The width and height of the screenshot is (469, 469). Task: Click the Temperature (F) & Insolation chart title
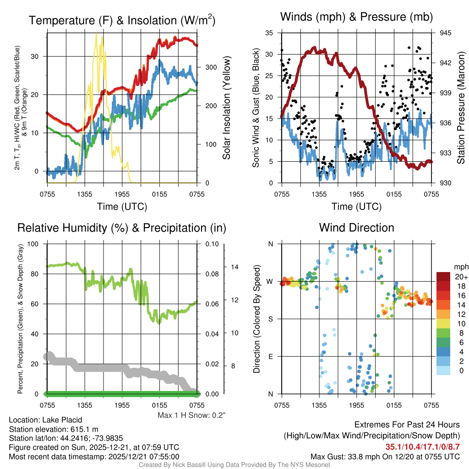[122, 20]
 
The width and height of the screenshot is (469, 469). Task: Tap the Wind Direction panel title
[356, 228]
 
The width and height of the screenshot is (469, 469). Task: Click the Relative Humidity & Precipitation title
[122, 228]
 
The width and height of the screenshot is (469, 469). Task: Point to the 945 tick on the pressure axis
[446, 33]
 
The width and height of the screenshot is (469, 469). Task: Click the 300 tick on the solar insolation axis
[210, 67]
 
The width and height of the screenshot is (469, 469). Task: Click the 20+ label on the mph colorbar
[458, 277]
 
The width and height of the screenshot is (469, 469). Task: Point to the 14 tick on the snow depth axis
[234, 267]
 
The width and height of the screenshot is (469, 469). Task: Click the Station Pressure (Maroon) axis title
[461, 108]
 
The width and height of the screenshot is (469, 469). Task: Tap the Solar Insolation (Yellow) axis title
[226, 108]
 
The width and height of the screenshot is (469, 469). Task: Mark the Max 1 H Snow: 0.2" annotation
[191, 415]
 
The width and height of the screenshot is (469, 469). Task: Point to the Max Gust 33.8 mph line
[385, 457]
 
